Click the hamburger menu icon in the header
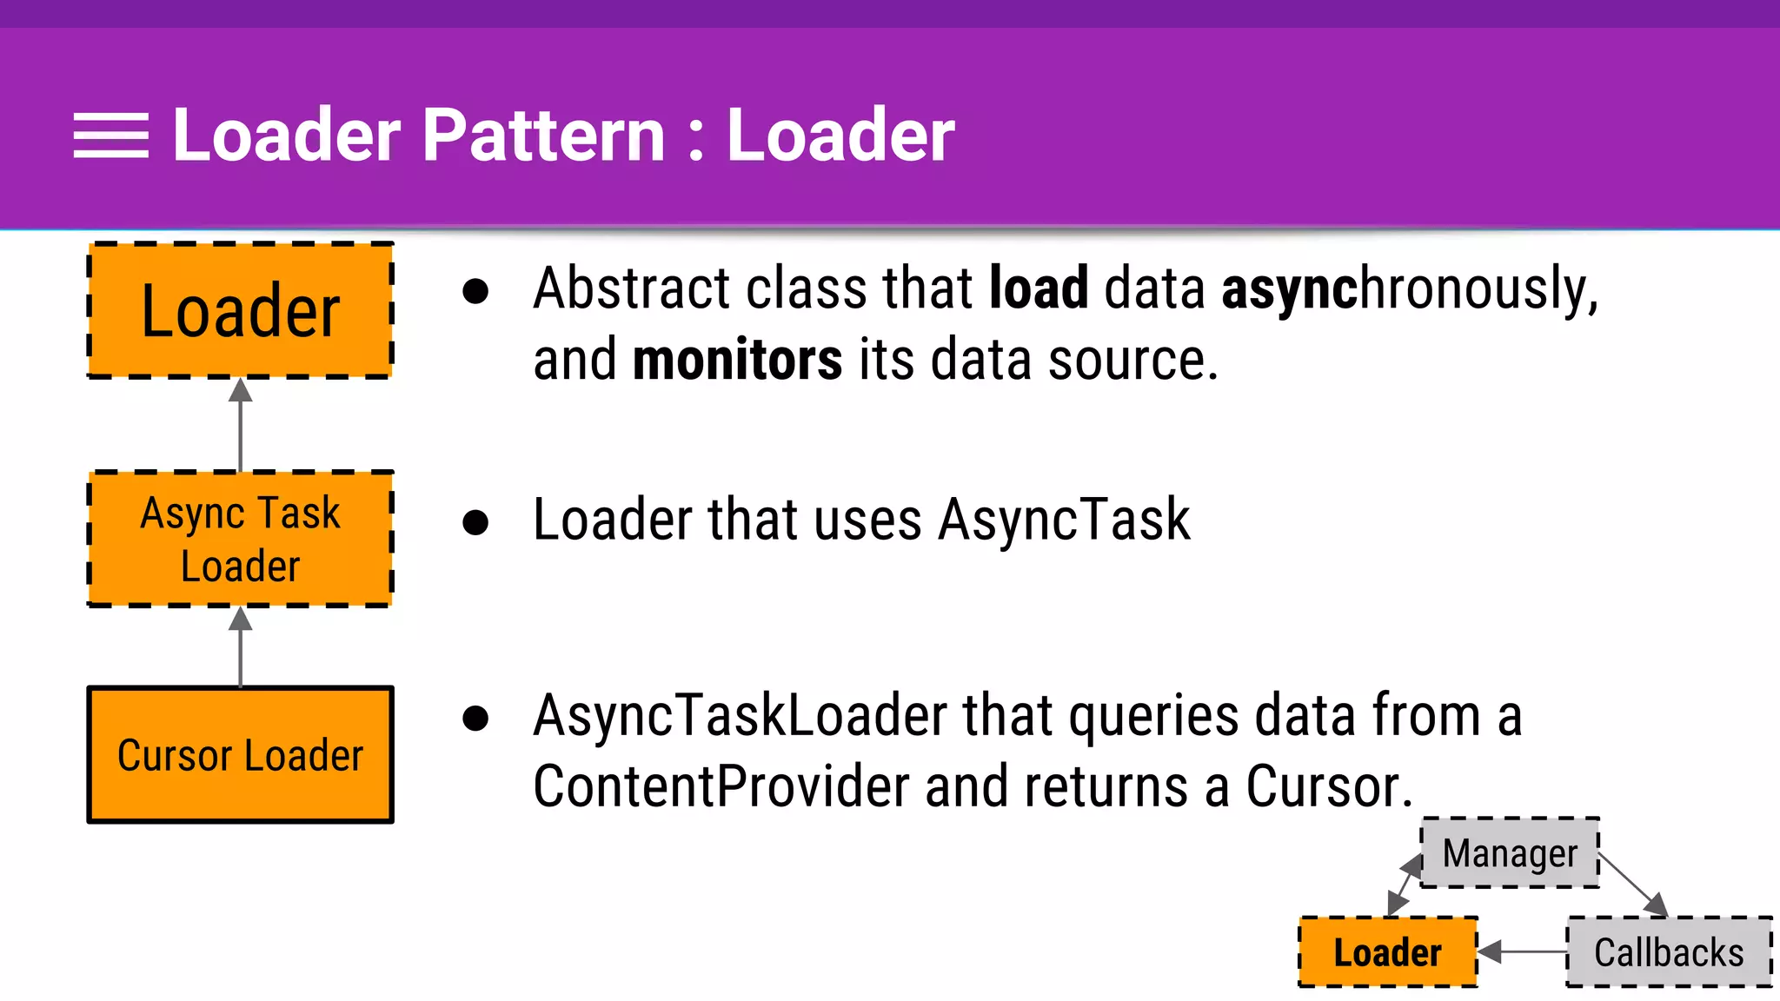coord(110,136)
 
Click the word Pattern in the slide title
coord(543,136)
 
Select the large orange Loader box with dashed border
coord(241,310)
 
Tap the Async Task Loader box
coord(241,539)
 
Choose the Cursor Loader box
coord(241,754)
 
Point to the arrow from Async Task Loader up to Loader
coord(241,426)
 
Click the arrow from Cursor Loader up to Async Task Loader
coord(241,647)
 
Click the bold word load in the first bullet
coord(1039,288)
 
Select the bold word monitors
coord(737,360)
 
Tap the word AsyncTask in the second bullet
coord(1064,520)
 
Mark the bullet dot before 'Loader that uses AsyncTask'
coord(475,522)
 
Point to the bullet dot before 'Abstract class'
coord(475,291)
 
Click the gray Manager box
coord(1510,852)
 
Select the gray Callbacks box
coord(1668,952)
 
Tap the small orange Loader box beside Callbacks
coord(1388,952)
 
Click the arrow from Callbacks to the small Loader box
coord(1523,951)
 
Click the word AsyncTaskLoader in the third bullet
coord(740,716)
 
